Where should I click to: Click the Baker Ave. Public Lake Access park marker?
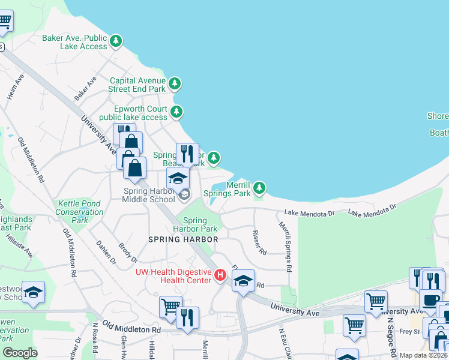click(x=116, y=41)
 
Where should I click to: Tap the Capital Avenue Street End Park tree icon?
click(x=174, y=83)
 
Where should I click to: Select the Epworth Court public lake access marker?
click(x=176, y=112)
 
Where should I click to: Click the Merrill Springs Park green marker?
click(x=259, y=188)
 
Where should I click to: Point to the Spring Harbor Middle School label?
click(x=149, y=196)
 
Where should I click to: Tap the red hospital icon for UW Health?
click(x=220, y=275)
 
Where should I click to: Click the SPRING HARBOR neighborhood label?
click(x=183, y=239)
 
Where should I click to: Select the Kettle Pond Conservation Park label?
click(x=79, y=212)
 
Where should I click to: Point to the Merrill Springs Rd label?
click(x=285, y=247)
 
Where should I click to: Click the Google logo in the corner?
click(x=20, y=353)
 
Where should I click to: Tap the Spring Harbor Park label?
click(x=195, y=224)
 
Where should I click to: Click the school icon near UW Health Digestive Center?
click(x=243, y=282)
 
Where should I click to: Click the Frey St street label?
click(x=409, y=331)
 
